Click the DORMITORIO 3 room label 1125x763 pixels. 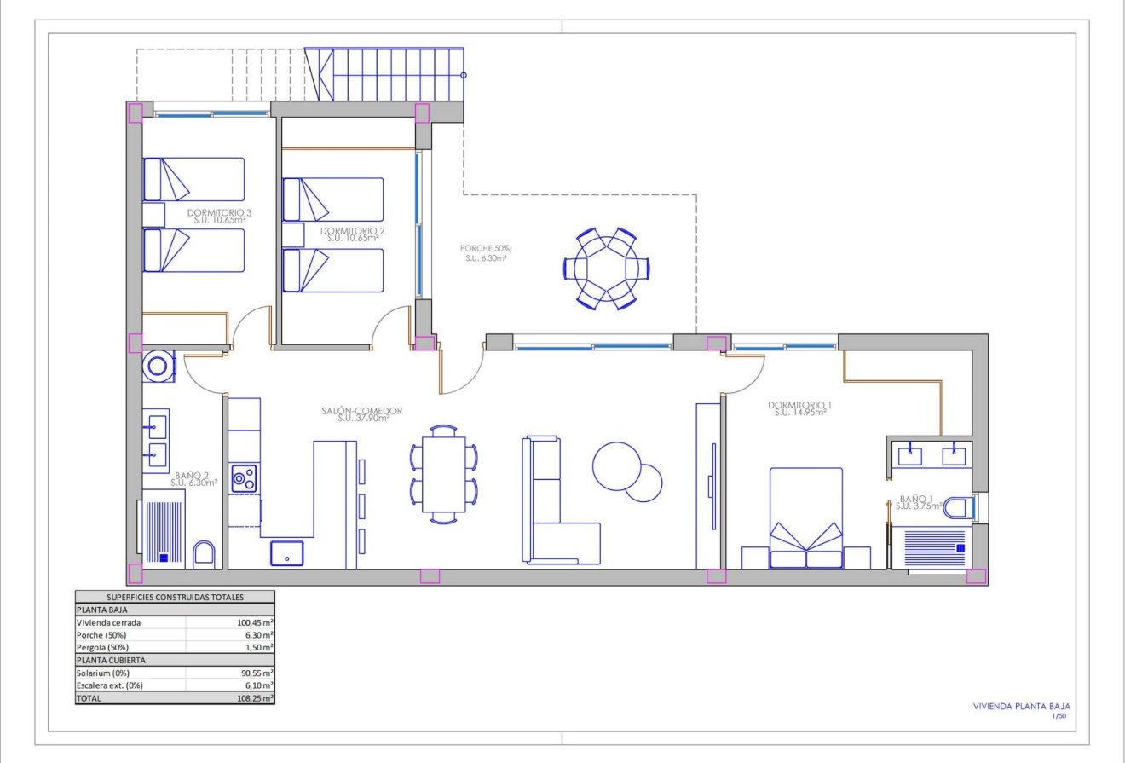click(219, 212)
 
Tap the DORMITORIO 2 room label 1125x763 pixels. click(353, 231)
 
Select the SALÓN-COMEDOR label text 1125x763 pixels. click(362, 410)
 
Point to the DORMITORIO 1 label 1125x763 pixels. click(799, 405)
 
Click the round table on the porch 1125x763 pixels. click(606, 268)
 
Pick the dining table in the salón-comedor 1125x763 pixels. click(444, 474)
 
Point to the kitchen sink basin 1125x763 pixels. click(286, 552)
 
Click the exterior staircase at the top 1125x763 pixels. click(392, 75)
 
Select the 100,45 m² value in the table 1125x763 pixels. click(255, 622)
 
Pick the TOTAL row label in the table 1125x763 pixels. click(89, 697)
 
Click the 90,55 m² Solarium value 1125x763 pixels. click(257, 673)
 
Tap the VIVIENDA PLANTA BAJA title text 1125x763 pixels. click(1021, 706)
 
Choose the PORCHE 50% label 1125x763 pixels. click(485, 249)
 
